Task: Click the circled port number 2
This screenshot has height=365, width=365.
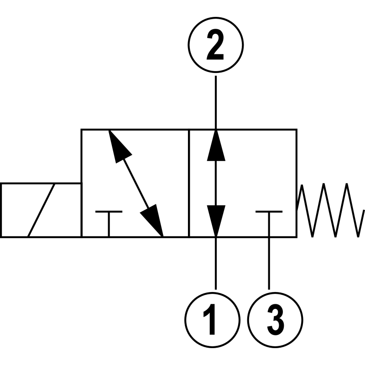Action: pyautogui.click(x=215, y=44)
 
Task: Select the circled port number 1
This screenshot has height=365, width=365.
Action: pyautogui.click(x=212, y=320)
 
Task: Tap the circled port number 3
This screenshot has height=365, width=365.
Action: pyautogui.click(x=275, y=320)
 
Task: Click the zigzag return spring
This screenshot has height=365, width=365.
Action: pyautogui.click(x=330, y=210)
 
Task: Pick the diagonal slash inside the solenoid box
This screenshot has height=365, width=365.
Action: pyautogui.click(x=42, y=210)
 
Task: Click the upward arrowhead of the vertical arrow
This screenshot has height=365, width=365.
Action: pyautogui.click(x=216, y=145)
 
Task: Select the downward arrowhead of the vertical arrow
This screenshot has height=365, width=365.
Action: pyautogui.click(x=216, y=221)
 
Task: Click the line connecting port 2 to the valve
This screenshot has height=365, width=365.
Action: pyautogui.click(x=216, y=102)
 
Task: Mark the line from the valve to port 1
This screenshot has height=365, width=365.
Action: pyautogui.click(x=216, y=264)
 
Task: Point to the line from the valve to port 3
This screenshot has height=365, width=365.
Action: pyautogui.click(x=269, y=264)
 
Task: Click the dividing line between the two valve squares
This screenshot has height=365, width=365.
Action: pyautogui.click(x=189, y=183)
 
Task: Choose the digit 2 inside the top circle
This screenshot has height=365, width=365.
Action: pyautogui.click(x=215, y=44)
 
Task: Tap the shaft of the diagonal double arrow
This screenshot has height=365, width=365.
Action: pyautogui.click(x=136, y=183)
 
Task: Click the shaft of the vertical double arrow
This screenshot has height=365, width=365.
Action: pyautogui.click(x=216, y=183)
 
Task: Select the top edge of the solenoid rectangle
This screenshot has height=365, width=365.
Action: pyautogui.click(x=41, y=184)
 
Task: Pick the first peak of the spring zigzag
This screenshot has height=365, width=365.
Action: pyautogui.click(x=302, y=185)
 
